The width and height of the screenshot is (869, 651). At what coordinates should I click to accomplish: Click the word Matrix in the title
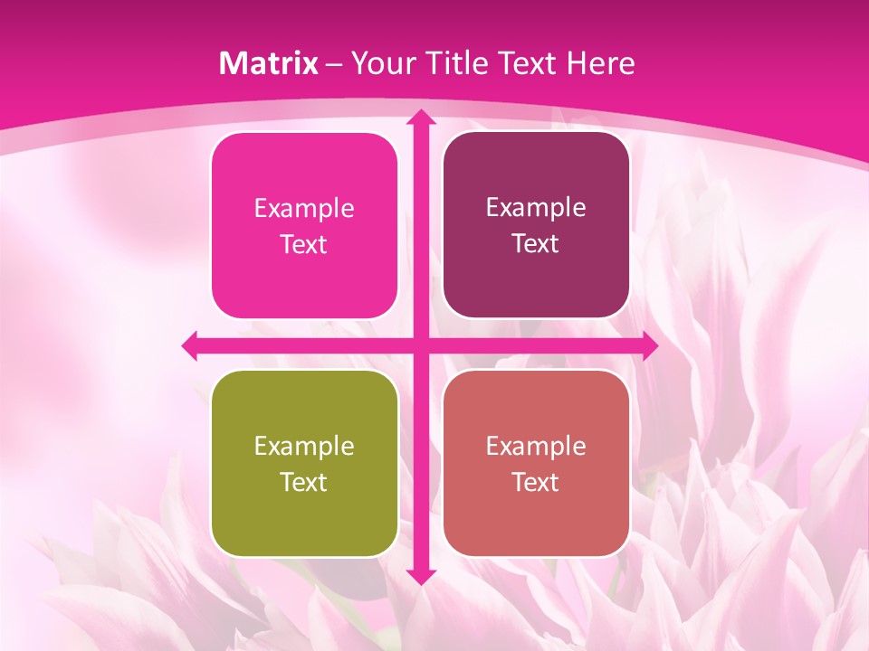pyautogui.click(x=269, y=63)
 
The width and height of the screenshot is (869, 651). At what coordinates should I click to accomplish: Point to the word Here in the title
pyautogui.click(x=601, y=63)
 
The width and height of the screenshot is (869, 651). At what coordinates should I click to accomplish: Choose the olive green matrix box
pyautogui.click(x=304, y=515)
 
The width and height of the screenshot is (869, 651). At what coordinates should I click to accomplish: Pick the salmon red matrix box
pyautogui.click(x=536, y=515)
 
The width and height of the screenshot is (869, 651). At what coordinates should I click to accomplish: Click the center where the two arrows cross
pyautogui.click(x=420, y=345)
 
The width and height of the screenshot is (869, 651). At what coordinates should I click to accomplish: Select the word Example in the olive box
pyautogui.click(x=304, y=446)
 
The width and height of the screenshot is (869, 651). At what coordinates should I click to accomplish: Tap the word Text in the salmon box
pyautogui.click(x=536, y=482)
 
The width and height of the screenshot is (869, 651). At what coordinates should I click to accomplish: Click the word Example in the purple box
pyautogui.click(x=536, y=207)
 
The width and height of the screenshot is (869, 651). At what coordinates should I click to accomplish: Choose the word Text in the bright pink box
pyautogui.click(x=304, y=244)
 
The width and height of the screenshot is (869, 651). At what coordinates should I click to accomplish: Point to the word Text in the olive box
pyautogui.click(x=304, y=482)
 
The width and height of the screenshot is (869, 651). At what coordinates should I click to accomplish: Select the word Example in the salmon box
pyautogui.click(x=536, y=446)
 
